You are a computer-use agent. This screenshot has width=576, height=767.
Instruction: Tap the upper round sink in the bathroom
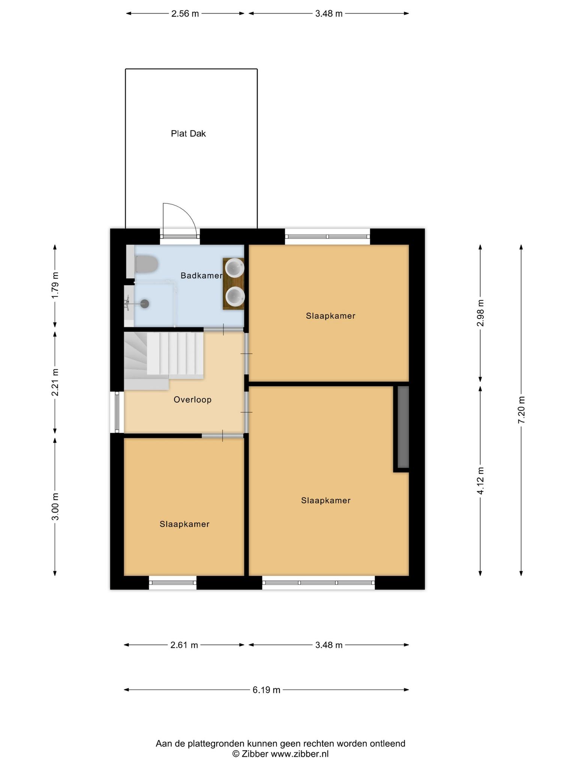coord(235,268)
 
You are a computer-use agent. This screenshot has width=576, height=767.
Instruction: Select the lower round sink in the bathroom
coord(235,296)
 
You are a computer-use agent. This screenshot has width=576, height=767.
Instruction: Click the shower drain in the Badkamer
coord(144,304)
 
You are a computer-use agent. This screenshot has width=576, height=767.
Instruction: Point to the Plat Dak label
coord(188,134)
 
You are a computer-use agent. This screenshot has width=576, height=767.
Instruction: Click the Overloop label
coord(192,400)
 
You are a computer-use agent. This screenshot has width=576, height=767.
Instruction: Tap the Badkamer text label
coord(201,276)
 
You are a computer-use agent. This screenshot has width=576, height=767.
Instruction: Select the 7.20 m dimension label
coord(521,410)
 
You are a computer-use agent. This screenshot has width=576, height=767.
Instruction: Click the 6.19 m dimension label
coord(266,690)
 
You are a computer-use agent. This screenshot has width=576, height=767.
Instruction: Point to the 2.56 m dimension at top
coord(185,14)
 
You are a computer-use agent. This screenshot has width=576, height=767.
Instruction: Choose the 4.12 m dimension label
coord(480,480)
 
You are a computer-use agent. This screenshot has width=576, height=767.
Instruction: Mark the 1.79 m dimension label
coord(55,285)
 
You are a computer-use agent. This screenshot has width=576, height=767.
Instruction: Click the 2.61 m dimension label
coord(184,645)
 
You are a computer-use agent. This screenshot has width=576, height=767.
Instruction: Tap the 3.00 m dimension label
coord(55,507)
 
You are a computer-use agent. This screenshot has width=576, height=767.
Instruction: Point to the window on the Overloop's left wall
coord(117,412)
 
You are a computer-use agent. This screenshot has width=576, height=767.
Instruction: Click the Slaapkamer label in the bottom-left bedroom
coord(184,524)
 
